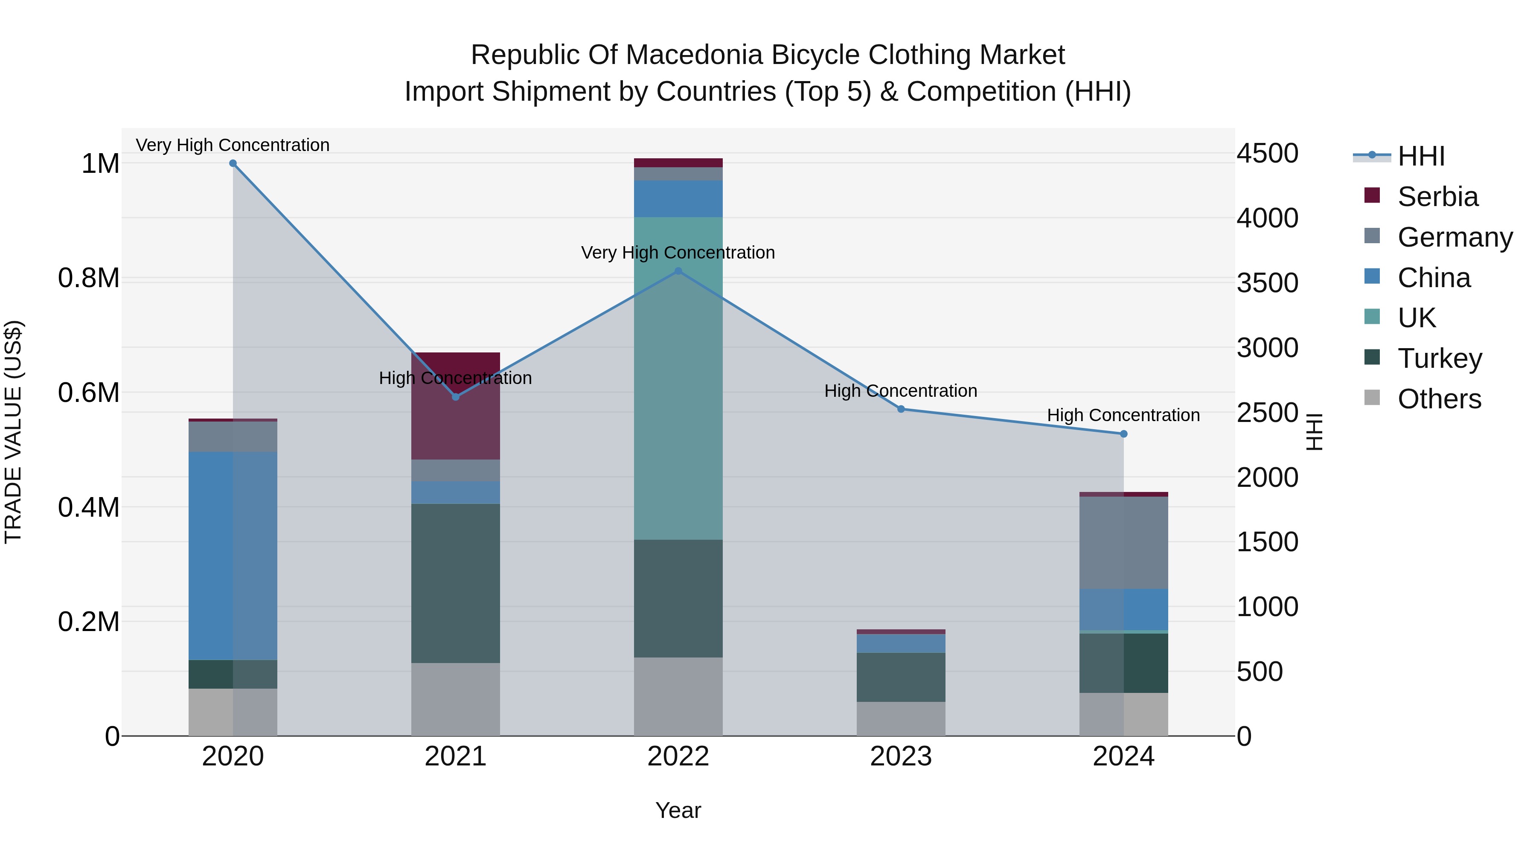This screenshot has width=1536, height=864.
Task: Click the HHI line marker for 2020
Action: click(233, 163)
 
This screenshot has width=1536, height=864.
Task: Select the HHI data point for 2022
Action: click(678, 271)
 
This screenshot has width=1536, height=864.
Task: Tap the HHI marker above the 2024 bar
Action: click(1123, 434)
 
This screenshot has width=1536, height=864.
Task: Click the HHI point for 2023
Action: click(901, 409)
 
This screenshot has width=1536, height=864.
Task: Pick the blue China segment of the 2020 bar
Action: click(233, 556)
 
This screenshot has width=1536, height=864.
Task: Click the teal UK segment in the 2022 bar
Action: click(678, 378)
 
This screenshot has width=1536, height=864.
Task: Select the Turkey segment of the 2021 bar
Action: click(456, 583)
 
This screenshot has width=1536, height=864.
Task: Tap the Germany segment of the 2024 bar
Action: click(1123, 543)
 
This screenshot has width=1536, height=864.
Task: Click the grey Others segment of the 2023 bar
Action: click(901, 719)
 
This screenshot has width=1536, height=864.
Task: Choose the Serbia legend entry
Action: click(1437, 197)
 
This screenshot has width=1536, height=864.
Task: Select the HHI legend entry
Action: click(1420, 156)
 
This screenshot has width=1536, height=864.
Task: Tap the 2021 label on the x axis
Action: click(456, 756)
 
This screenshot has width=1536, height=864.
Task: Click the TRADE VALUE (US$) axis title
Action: click(13, 432)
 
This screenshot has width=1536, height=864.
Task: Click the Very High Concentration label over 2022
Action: click(678, 253)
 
